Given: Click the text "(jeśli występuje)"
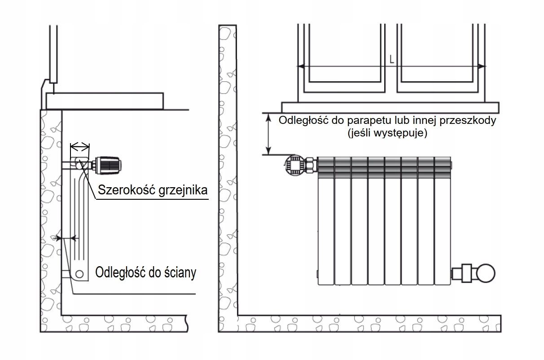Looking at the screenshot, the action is click(x=386, y=133).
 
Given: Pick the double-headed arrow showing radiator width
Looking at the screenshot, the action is click(x=80, y=146).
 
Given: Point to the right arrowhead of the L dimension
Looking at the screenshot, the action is click(x=482, y=66).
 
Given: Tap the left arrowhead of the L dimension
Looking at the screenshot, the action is click(x=301, y=66).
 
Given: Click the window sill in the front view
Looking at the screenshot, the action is click(x=390, y=107).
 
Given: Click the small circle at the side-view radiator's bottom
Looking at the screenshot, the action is click(x=79, y=273).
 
